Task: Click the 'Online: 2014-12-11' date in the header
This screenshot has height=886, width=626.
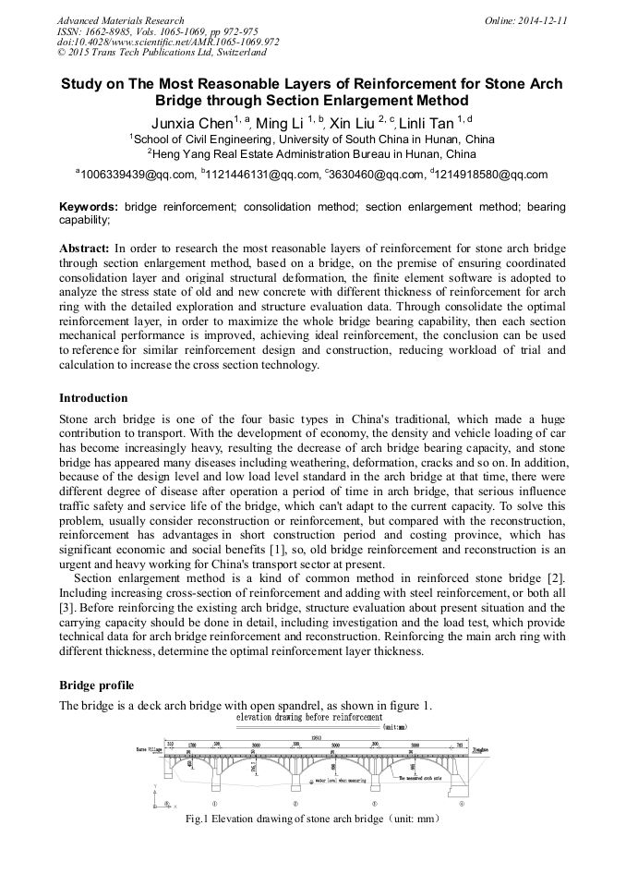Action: click(525, 20)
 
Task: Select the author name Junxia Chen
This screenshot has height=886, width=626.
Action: click(191, 123)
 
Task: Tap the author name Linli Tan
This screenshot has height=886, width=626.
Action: click(430, 123)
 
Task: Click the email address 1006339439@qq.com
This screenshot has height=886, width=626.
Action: click(137, 174)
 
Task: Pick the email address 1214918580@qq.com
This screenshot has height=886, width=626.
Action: click(479, 174)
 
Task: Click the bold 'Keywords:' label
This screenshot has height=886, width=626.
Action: click(89, 207)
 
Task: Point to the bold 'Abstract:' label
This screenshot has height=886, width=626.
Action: click(85, 249)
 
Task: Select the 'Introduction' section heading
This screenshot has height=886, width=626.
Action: click(93, 398)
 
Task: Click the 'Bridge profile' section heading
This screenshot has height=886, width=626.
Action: click(96, 686)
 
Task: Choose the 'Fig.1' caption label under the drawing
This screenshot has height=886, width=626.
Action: click(197, 819)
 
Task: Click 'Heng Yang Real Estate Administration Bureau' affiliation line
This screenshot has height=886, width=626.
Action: click(312, 154)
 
